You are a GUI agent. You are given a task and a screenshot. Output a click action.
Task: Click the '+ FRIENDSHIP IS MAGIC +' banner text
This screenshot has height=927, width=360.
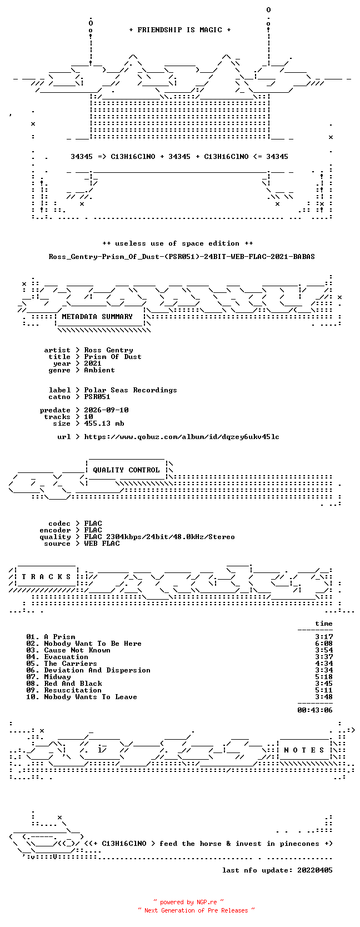click(180, 30)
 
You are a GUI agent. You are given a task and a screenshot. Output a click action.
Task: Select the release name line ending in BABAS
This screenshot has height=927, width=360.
click(182, 257)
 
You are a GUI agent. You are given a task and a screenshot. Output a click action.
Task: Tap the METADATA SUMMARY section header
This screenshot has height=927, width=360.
click(97, 317)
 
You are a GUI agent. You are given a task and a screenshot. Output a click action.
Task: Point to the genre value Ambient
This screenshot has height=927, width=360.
click(99, 370)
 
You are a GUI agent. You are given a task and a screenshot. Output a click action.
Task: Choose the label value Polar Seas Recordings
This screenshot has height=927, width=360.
click(131, 390)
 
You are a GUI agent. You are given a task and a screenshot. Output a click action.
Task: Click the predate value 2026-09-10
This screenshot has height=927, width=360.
click(106, 410)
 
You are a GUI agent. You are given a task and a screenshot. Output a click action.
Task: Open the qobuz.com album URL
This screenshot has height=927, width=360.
click(182, 437)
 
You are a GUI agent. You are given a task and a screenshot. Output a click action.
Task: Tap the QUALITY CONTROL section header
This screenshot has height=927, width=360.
click(126, 470)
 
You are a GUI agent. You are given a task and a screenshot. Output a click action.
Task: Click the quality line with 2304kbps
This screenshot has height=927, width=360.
click(159, 537)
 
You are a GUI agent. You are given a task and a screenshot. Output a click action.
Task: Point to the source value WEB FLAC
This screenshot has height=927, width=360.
click(102, 544)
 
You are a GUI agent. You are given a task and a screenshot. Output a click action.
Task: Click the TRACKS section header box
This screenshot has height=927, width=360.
click(46, 577)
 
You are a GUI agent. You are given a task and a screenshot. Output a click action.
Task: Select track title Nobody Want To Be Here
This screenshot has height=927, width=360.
click(93, 644)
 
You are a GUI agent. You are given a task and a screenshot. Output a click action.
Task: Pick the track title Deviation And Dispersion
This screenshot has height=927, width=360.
click(97, 670)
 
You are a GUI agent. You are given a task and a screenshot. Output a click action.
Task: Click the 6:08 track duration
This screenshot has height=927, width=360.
click(324, 644)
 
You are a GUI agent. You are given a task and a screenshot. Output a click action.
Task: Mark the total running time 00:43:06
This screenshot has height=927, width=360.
click(315, 710)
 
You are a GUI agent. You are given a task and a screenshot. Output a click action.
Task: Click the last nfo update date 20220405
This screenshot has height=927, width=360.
click(315, 870)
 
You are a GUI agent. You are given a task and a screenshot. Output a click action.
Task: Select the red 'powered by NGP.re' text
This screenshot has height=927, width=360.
click(188, 902)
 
